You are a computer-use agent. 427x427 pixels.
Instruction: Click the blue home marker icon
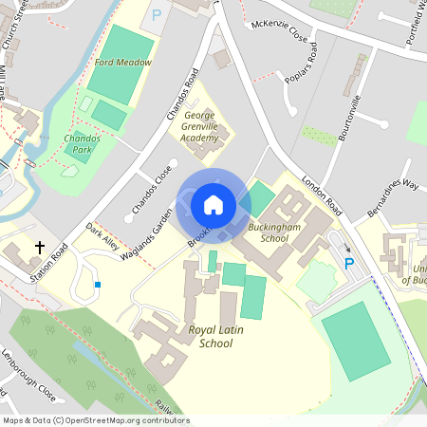click(x=213, y=204)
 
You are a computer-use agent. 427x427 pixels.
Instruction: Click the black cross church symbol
click(x=40, y=248)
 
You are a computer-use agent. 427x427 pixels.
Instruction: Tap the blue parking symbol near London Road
click(x=348, y=264)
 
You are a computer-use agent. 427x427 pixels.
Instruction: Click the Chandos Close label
click(x=151, y=189)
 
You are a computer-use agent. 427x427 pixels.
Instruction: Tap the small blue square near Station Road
click(x=98, y=285)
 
